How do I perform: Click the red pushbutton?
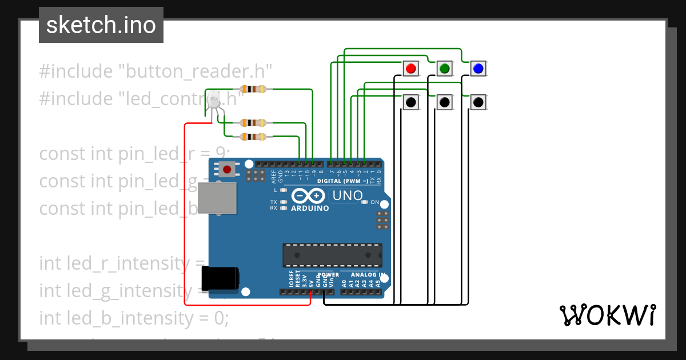click(410, 69)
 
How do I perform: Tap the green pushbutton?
click(444, 69)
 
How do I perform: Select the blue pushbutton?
click(478, 69)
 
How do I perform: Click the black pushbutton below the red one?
click(410, 102)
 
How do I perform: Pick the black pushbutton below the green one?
click(444, 102)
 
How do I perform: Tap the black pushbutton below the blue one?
click(478, 102)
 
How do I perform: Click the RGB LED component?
click(214, 102)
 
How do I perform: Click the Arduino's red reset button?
click(227, 169)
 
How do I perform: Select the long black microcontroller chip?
click(332, 255)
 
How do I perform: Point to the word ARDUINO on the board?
click(310, 209)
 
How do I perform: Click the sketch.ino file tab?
click(101, 25)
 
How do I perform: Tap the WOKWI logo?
click(607, 315)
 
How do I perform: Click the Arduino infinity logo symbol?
click(309, 196)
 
